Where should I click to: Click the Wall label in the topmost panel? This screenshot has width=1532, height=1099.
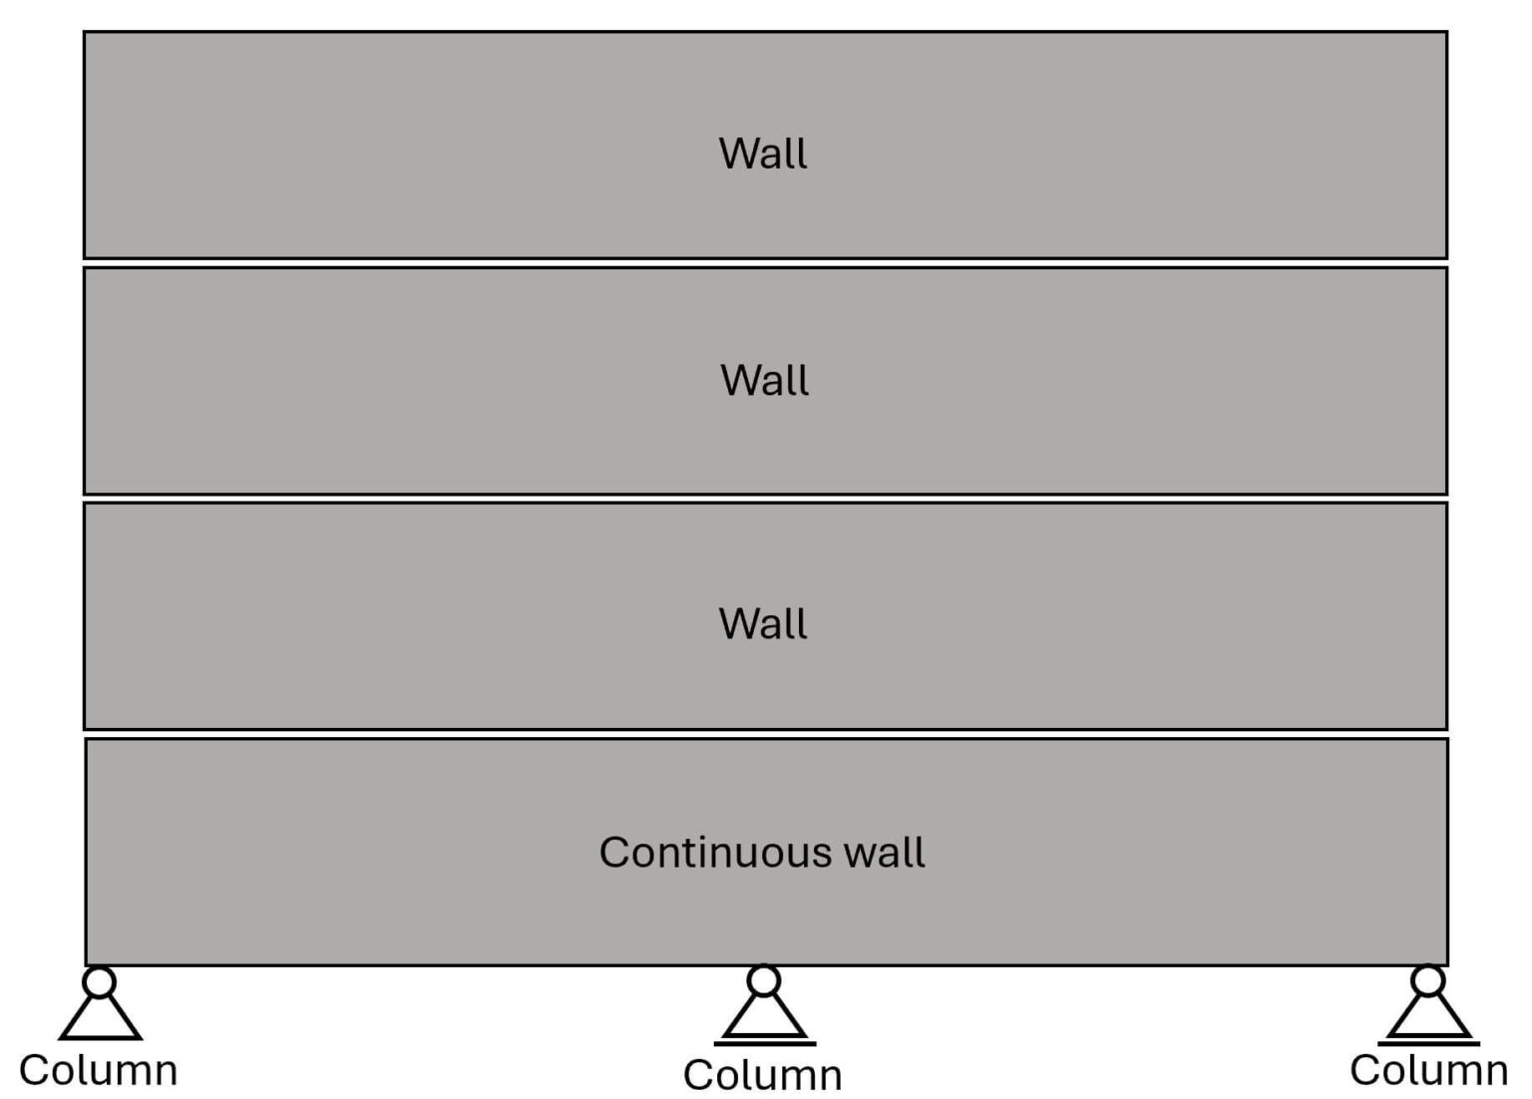point(763,154)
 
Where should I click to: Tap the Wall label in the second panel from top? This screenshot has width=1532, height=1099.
point(764,380)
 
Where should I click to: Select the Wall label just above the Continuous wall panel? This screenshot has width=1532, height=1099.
point(763,623)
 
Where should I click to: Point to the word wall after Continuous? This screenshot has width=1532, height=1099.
point(884,853)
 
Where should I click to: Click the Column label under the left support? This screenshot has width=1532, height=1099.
point(98,1070)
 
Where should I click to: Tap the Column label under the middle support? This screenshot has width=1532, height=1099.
point(763,1075)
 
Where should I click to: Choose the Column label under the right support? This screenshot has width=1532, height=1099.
point(1428,1070)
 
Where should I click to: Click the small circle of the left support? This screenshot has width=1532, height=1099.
point(99,982)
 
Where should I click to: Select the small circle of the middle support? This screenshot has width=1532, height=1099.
point(764,981)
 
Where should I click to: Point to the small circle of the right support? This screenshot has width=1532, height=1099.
point(1428,981)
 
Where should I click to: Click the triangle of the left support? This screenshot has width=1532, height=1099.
point(100,1020)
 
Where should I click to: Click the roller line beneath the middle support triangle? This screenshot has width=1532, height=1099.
point(765,1044)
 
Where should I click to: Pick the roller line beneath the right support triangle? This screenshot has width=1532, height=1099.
point(1428,1043)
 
